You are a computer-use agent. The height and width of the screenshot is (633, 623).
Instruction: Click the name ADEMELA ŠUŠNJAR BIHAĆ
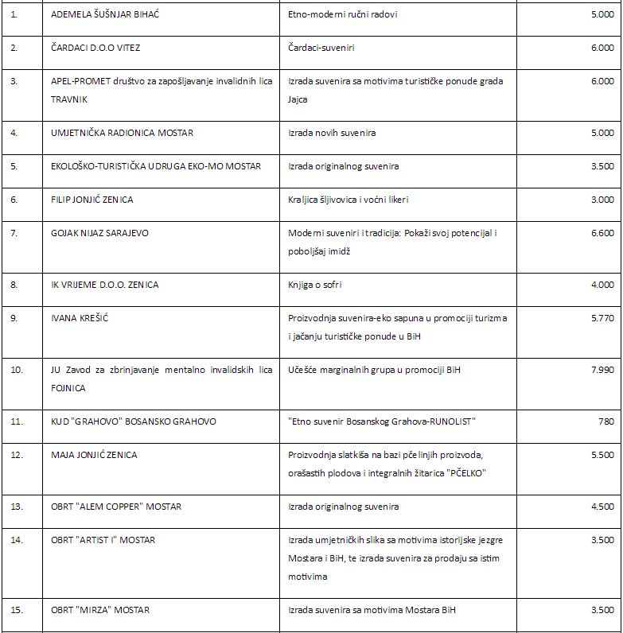point(105,14)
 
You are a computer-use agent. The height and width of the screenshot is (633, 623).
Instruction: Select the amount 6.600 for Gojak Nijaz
point(602,233)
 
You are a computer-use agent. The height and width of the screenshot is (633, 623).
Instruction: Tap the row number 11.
point(18,421)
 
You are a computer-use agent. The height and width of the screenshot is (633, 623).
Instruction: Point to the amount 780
point(605,421)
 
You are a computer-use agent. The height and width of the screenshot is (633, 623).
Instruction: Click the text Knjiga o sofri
point(315,284)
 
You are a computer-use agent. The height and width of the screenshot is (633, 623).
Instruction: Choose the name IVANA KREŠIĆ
point(80,317)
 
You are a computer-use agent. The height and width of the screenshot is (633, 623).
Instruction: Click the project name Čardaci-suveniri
point(321,48)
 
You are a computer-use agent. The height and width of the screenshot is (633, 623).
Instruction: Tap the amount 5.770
point(602,317)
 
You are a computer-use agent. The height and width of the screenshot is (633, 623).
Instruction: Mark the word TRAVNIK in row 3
point(69,99)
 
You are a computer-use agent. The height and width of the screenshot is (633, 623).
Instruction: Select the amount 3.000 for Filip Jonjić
point(602,200)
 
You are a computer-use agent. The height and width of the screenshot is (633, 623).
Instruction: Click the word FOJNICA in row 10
point(68,388)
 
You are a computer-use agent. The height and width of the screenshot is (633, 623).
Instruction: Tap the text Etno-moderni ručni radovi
point(343,14)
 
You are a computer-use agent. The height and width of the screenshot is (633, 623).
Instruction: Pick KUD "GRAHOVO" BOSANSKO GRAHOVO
point(134,421)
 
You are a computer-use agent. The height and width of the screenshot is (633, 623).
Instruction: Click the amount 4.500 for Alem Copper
point(602,507)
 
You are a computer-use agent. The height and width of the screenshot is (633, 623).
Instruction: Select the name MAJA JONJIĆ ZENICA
point(94,454)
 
